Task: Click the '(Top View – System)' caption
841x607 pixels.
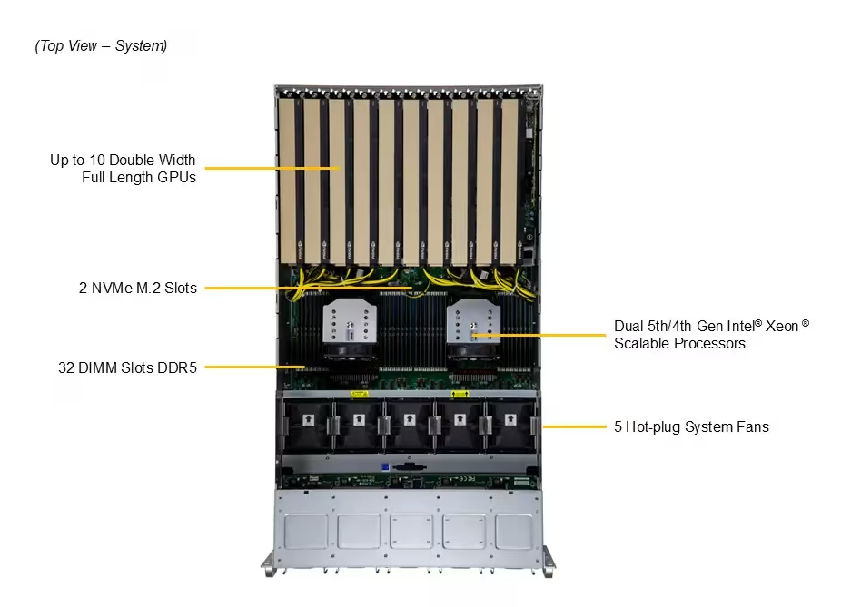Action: [101, 46]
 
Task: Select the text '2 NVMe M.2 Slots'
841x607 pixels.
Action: [137, 289]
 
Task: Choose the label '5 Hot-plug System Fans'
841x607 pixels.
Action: [691, 426]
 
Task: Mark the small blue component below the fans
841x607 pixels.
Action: [386, 467]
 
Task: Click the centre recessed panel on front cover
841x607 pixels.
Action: [411, 530]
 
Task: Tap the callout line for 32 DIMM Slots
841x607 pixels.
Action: [251, 367]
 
